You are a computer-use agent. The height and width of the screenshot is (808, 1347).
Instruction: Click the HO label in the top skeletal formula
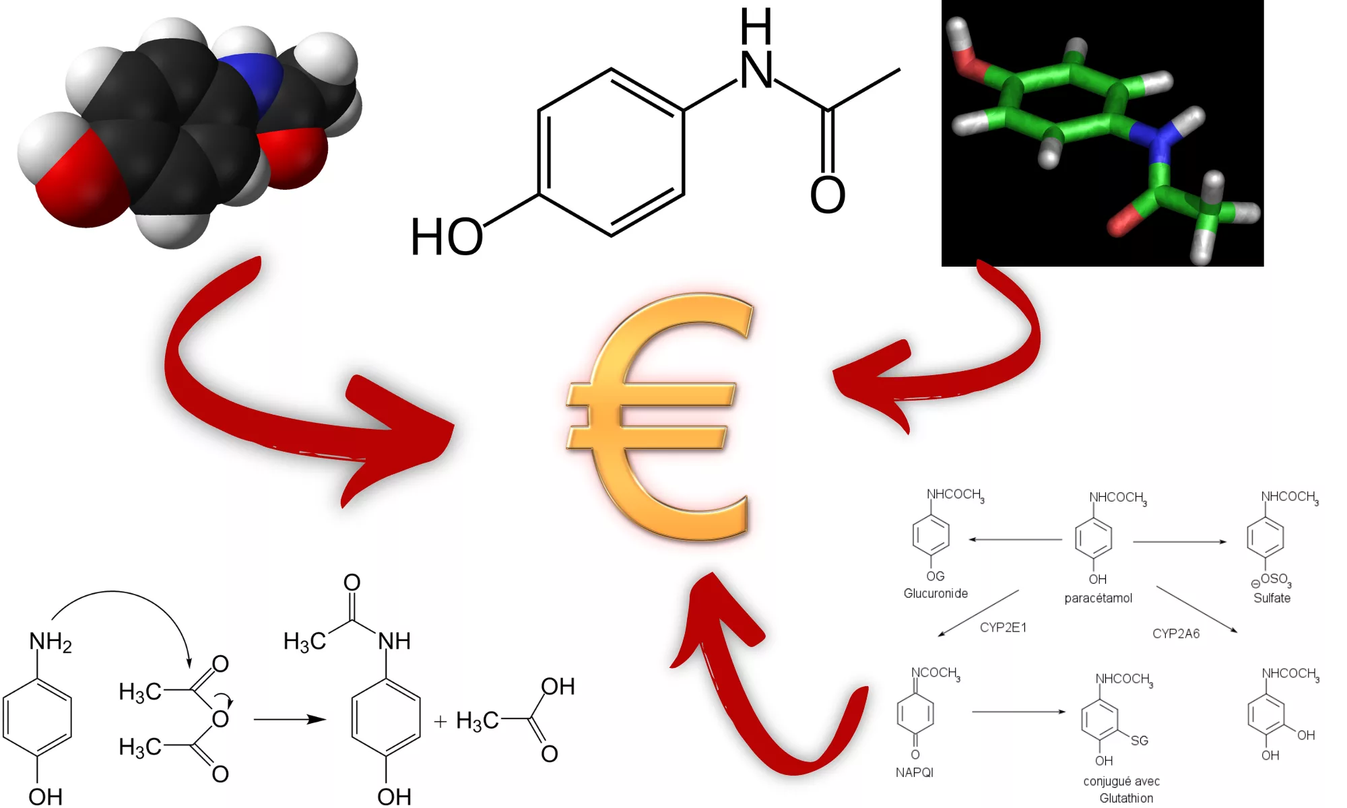pos(447,237)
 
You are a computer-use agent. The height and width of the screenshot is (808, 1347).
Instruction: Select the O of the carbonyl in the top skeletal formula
pos(828,195)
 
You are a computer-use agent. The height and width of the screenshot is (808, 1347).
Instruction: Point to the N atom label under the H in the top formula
pos(757,70)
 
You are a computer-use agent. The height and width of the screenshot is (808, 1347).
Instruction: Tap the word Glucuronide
pos(935,593)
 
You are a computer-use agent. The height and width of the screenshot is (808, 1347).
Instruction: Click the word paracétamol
pos(1098,598)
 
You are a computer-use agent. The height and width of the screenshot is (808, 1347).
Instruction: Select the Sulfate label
pos(1272,598)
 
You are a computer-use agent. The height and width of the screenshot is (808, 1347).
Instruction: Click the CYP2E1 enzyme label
pos(1003,628)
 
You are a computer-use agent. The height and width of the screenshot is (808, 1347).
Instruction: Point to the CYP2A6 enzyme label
pos(1176,634)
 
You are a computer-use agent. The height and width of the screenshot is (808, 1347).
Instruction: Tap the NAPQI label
pos(915,772)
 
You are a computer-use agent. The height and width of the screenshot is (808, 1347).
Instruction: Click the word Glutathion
pos(1126,798)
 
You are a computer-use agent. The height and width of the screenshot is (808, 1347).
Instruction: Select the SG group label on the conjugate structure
pos(1140,741)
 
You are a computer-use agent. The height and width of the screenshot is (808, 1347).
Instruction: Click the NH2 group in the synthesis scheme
pos(51,642)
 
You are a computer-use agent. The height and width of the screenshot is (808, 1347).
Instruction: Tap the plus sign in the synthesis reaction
pos(440,722)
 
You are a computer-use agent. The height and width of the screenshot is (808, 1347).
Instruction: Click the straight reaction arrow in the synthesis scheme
pos(290,719)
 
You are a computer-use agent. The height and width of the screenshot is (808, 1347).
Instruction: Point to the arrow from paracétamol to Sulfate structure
pos(1180,541)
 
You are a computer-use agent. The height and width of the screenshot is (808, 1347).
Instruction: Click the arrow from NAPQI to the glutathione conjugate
pos(1019,712)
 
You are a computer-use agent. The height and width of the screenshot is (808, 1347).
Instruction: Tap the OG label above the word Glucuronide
pos(935,576)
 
